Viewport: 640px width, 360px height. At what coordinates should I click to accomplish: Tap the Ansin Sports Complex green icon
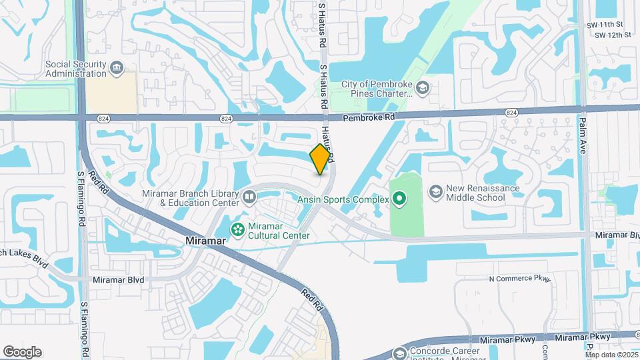pos(399,197)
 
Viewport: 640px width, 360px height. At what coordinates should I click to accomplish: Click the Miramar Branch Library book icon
pos(249,197)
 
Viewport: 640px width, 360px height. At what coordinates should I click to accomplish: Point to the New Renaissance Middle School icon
pos(436,193)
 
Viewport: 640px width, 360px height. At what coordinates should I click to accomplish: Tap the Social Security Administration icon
pos(117,68)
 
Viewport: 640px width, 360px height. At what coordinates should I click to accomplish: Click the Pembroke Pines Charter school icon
pos(422,88)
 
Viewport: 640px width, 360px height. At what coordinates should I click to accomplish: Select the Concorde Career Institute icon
pos(400,353)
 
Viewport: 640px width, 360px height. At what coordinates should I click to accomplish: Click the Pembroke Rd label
pos(369,117)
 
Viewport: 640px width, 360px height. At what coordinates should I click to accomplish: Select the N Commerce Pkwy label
pos(520,279)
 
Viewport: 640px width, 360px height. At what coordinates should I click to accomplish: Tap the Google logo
pos(22,352)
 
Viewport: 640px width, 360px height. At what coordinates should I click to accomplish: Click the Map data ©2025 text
pos(611,355)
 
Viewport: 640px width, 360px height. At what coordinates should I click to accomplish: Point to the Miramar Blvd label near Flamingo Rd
pos(118,281)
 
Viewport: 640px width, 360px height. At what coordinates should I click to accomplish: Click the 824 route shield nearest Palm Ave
pos(512,113)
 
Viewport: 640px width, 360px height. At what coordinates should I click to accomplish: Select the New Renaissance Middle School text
pos(484,193)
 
